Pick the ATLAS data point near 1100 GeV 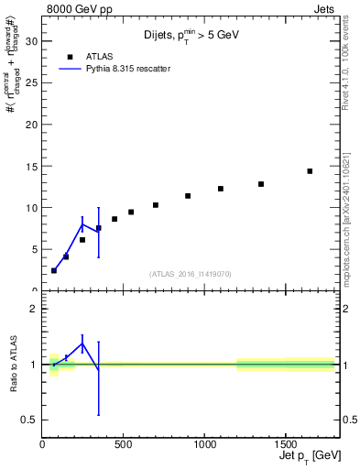pos(221,189)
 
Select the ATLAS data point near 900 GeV pos(188,196)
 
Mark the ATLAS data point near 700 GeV pos(156,205)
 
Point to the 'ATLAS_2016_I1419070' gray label pos(190,273)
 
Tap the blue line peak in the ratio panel pos(82,344)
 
